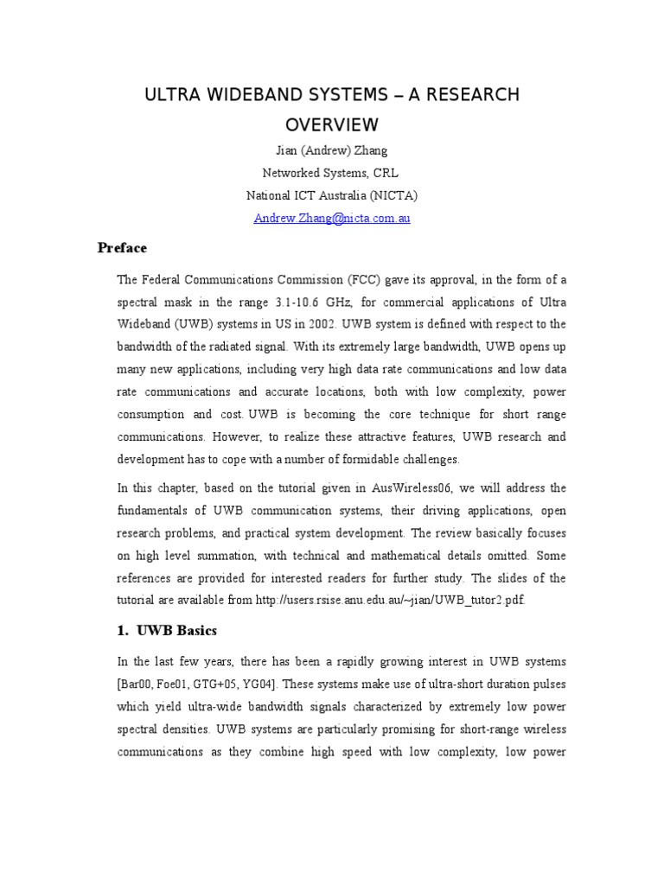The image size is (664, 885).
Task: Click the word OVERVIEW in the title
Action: click(332, 124)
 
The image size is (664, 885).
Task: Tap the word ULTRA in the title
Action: click(172, 95)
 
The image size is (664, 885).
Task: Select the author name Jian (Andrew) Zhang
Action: click(332, 151)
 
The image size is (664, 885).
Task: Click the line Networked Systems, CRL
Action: click(332, 173)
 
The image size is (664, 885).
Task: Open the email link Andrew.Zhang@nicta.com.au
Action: click(332, 218)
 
